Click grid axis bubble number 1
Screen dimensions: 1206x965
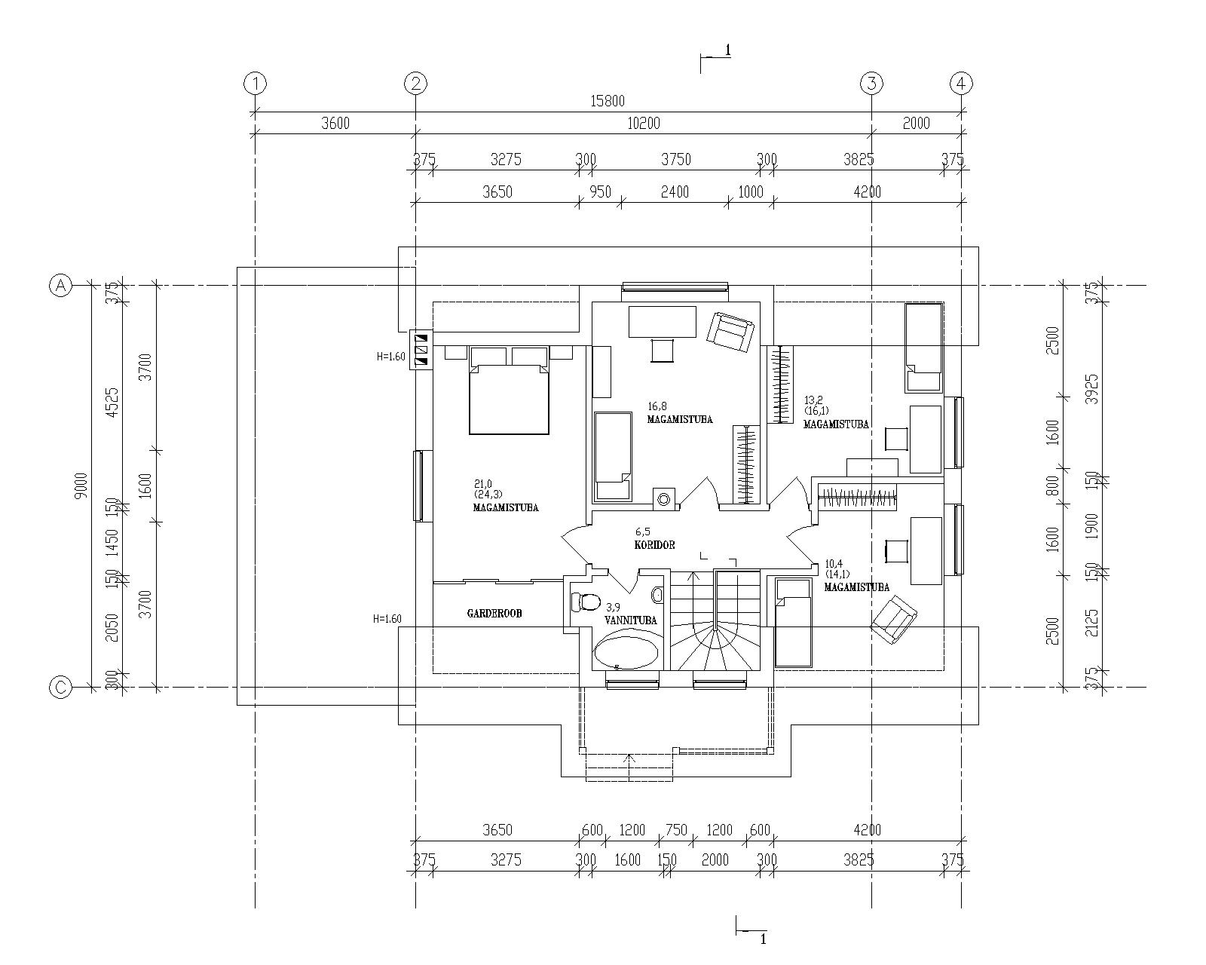tap(255, 84)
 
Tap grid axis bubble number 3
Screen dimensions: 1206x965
tap(871, 84)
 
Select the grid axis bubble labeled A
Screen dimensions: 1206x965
tap(60, 286)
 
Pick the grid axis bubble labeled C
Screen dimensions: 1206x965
tap(60, 687)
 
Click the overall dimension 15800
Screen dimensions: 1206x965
tap(608, 101)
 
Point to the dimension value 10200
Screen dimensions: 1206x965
tap(644, 123)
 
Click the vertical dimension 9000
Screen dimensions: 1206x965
tap(82, 486)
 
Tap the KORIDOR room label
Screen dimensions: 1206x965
tap(654, 544)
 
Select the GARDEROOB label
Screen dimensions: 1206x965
tap(494, 614)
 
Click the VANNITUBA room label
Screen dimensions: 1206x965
tap(630, 620)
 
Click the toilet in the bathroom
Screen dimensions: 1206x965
tap(584, 603)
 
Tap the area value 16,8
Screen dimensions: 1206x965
tap(657, 406)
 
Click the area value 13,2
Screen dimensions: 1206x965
tap(813, 400)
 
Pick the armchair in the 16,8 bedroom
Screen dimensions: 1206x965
tap(730, 332)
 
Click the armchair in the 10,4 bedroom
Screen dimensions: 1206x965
tap(894, 620)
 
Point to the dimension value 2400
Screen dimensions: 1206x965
tap(675, 191)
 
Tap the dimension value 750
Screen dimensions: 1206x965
tap(676, 829)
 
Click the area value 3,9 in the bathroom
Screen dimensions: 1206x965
tap(613, 607)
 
